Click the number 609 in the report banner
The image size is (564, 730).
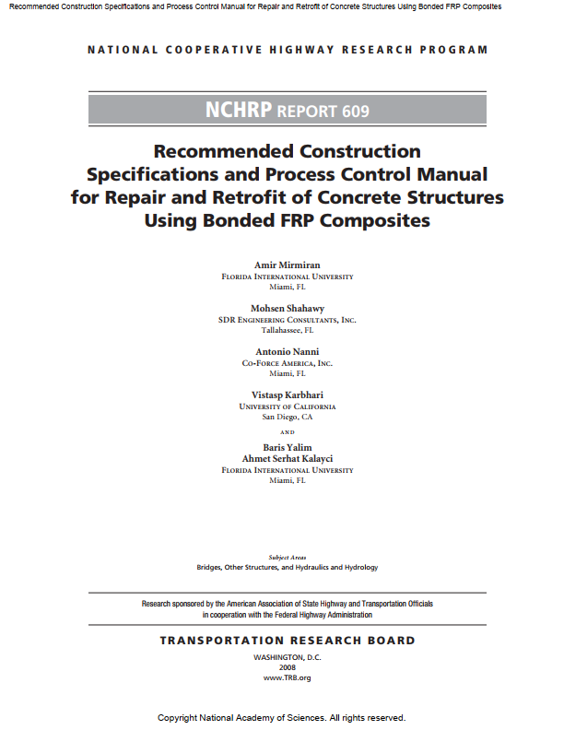pos(355,112)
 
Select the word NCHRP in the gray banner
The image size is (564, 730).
pos(240,112)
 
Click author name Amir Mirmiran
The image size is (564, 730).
pos(288,265)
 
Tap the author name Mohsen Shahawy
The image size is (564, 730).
pos(288,308)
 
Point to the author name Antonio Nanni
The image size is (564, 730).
pos(288,351)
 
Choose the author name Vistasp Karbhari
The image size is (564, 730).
pos(288,394)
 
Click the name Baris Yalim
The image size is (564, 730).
pos(288,447)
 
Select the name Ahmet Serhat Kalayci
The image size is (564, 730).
pos(288,458)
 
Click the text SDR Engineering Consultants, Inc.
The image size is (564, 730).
pos(288,320)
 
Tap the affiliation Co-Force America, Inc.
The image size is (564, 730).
pos(288,363)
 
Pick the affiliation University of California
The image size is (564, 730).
pos(288,406)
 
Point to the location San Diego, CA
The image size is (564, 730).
pos(288,417)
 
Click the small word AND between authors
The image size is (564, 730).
pos(288,431)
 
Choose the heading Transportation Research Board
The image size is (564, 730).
pos(288,641)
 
